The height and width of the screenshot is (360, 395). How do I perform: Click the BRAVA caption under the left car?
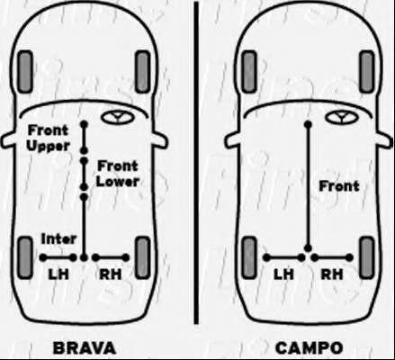tap(85, 348)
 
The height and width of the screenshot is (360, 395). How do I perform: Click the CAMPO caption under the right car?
tap(309, 348)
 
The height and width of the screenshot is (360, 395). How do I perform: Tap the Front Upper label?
tap(48, 139)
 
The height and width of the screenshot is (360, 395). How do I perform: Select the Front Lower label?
tap(118, 174)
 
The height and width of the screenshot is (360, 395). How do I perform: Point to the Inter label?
tap(58, 239)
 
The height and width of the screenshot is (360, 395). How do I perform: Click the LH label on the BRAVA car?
tap(58, 274)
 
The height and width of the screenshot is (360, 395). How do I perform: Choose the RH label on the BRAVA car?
tap(111, 274)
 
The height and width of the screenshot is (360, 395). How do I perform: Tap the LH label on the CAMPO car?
tap(283, 274)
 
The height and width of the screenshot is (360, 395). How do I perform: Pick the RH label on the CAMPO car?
tap(332, 274)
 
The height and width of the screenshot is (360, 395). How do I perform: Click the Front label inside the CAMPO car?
tap(339, 186)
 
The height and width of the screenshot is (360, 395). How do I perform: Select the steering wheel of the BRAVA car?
tap(117, 117)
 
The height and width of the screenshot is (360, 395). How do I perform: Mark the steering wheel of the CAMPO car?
tap(341, 117)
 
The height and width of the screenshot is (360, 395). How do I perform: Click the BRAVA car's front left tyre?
tap(25, 72)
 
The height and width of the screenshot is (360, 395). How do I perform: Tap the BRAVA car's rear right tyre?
tap(142, 258)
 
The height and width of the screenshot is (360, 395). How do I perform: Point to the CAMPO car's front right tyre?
tap(367, 72)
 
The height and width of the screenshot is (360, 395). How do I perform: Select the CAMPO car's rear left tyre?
tap(249, 258)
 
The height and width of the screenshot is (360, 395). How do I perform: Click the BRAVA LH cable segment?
tap(58, 257)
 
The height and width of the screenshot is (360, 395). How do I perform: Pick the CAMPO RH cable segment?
tap(332, 257)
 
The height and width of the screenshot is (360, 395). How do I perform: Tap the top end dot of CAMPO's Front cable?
tap(308, 124)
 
